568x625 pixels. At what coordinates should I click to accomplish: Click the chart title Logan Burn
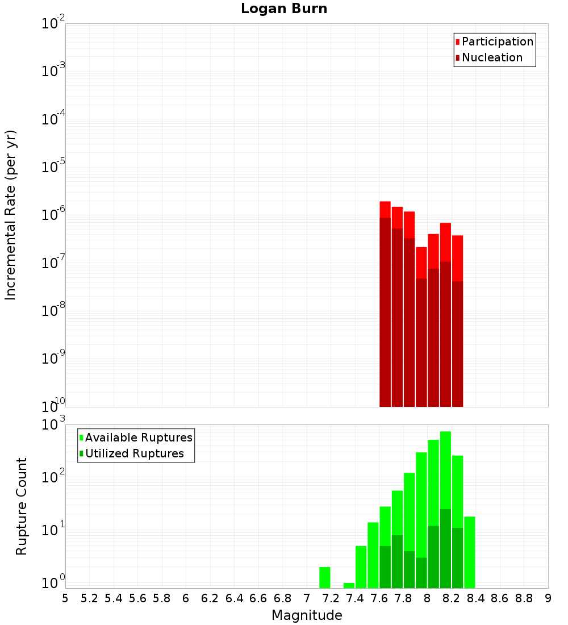click(284, 9)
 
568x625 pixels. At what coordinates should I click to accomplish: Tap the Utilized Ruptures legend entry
click(134, 453)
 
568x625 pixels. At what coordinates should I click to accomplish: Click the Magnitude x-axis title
click(307, 615)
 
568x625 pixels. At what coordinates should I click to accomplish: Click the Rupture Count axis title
click(22, 506)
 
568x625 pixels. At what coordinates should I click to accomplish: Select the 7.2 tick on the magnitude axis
click(331, 598)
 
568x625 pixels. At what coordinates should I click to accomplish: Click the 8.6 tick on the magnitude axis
click(500, 598)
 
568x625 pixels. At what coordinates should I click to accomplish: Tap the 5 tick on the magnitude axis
click(65, 598)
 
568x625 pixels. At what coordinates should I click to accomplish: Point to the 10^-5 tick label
click(53, 167)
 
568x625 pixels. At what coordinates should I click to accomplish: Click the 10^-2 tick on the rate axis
click(53, 24)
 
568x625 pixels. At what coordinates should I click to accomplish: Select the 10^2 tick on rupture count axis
click(53, 477)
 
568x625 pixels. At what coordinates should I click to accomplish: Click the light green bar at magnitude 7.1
click(325, 577)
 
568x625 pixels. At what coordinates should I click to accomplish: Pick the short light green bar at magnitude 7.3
click(349, 585)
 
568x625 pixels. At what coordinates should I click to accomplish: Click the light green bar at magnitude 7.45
click(361, 567)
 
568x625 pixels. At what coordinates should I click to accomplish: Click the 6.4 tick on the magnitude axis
click(235, 598)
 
